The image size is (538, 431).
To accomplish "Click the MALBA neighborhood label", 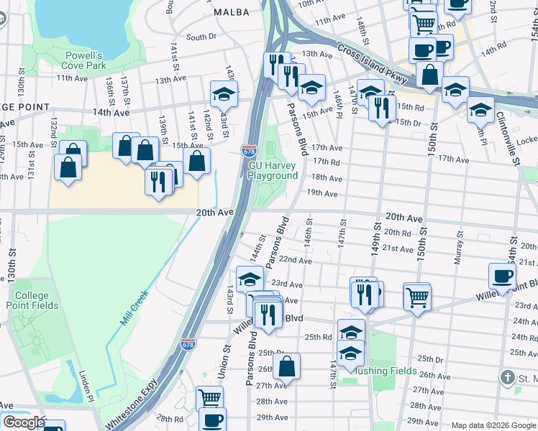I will [231, 12].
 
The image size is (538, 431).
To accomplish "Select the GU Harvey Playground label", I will [273, 170].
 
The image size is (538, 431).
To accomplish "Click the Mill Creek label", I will [134, 306].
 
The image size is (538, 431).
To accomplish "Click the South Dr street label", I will [201, 37].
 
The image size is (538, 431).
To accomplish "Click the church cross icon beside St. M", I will [509, 378].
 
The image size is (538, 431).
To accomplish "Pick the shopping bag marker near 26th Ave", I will [286, 366].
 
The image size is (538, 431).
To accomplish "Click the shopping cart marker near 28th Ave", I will [209, 398].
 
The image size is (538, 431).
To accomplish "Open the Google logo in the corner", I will [24, 423].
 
